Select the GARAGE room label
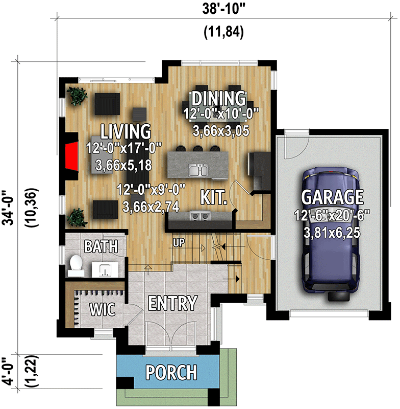coord(332,197)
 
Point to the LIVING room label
coord(126,131)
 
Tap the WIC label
coord(103,309)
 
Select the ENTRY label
coord(172,303)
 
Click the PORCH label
coord(171,372)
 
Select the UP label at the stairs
coord(178,241)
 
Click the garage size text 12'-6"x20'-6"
coord(332,216)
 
